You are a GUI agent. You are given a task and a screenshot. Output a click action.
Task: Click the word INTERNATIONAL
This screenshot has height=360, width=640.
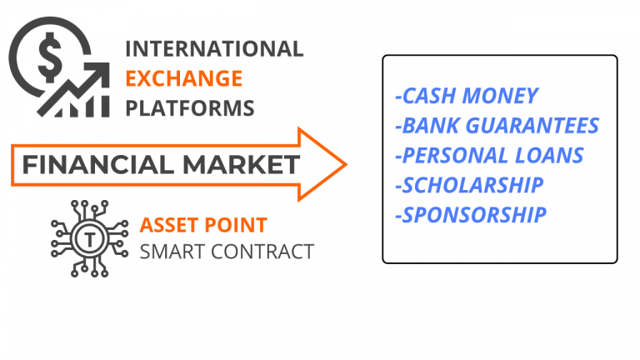[x=214, y=49]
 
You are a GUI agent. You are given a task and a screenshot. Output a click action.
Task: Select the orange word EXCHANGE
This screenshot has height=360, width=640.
[x=183, y=78]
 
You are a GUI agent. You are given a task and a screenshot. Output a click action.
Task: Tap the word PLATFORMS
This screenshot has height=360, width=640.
[x=190, y=108]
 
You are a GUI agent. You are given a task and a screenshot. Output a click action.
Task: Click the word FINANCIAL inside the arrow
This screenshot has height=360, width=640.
[x=98, y=164]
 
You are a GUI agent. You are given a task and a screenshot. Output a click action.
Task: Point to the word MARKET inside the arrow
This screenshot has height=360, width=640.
[x=241, y=164]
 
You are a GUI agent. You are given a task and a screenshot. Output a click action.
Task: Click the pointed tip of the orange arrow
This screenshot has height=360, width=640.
[x=347, y=164]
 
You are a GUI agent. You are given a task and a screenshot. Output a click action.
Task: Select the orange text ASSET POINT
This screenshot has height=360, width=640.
[x=203, y=225]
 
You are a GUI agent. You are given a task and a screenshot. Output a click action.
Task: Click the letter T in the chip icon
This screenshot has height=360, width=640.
[x=90, y=238]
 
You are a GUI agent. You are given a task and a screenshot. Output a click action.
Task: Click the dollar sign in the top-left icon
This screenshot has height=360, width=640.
[x=50, y=57]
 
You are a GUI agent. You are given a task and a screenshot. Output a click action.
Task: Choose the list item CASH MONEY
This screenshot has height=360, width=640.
[x=467, y=96]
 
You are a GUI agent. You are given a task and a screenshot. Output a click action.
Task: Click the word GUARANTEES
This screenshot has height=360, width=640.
[x=532, y=126]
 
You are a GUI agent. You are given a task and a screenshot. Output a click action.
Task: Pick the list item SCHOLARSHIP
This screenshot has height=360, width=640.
[x=469, y=185]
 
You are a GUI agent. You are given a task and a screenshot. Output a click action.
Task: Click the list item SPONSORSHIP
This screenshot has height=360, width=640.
[x=471, y=215]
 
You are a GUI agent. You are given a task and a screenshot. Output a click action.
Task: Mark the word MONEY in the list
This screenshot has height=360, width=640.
[x=500, y=96]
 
